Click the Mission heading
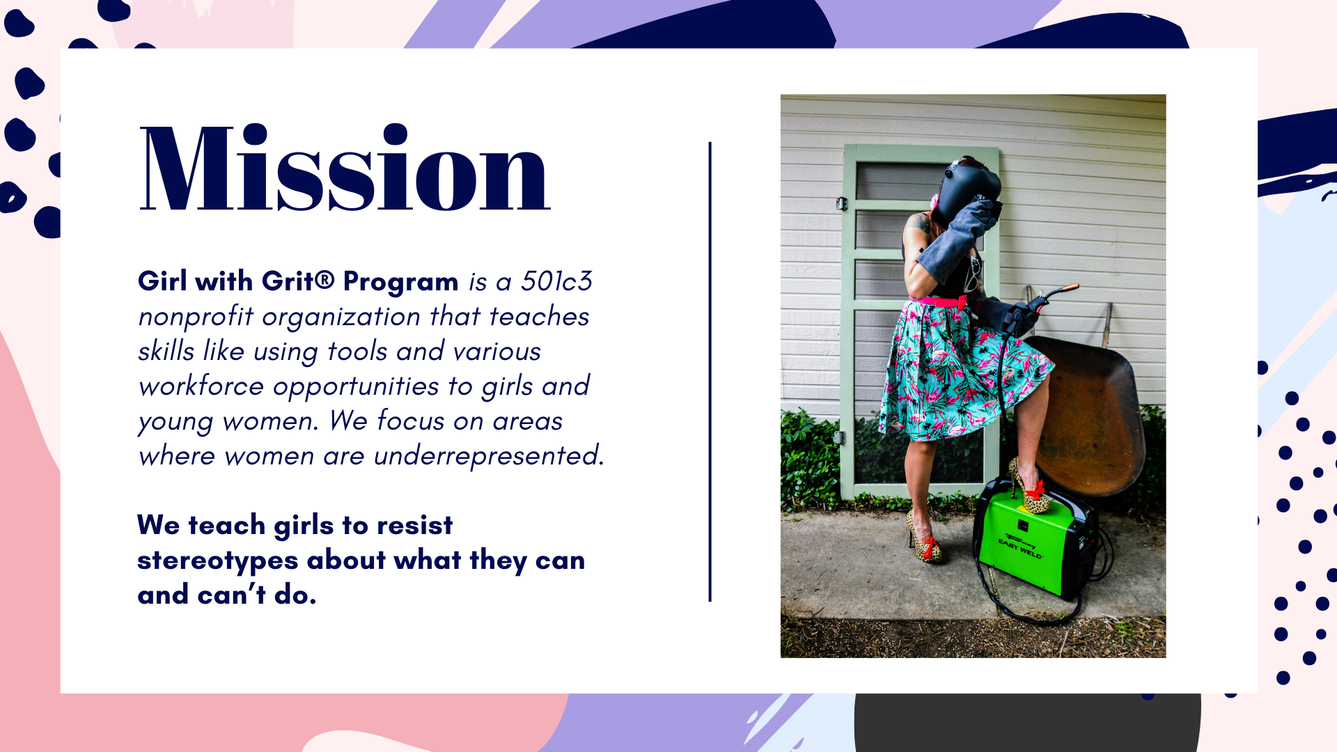point(345,168)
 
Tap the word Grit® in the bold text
point(298,281)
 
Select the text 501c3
point(556,281)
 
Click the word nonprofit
point(196,317)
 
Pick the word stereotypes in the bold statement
point(218,561)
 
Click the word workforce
point(201,386)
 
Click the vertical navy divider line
point(710,372)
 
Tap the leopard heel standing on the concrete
point(925,540)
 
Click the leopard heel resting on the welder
point(1029,487)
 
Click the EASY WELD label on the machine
point(1020,549)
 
